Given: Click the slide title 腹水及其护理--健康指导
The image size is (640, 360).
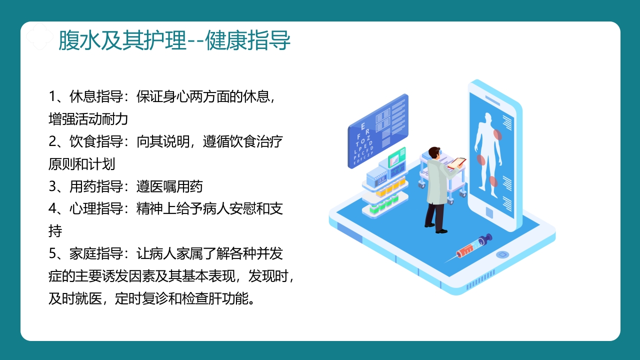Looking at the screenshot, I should [174, 41].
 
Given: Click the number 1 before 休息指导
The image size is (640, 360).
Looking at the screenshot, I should [52, 96].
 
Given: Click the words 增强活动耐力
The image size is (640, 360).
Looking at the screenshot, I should [88, 119].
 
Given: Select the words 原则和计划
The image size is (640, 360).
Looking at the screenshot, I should [82, 164].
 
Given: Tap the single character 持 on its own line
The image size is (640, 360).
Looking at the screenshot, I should [55, 231].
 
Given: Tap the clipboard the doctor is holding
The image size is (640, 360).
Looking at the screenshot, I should [456, 162].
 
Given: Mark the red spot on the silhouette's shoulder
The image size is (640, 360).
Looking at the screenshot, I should [497, 134].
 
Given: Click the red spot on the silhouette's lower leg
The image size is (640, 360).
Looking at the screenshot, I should [493, 181].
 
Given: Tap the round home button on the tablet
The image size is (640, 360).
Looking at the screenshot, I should [502, 254].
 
